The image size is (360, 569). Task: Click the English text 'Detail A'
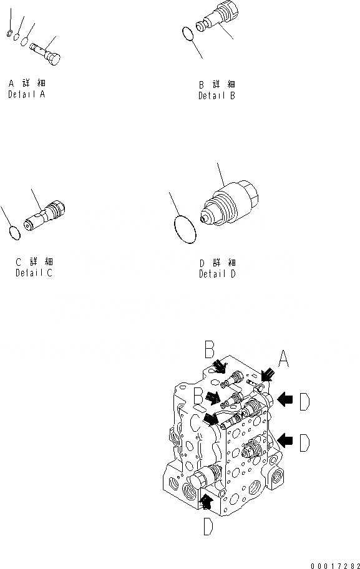point(27,95)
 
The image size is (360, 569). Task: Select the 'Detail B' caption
point(216,96)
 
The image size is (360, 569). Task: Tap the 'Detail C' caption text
point(34,273)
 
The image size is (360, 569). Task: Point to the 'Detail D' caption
point(217,274)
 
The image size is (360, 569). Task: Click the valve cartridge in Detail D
point(230,203)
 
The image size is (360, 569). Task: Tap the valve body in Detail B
point(217,18)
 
